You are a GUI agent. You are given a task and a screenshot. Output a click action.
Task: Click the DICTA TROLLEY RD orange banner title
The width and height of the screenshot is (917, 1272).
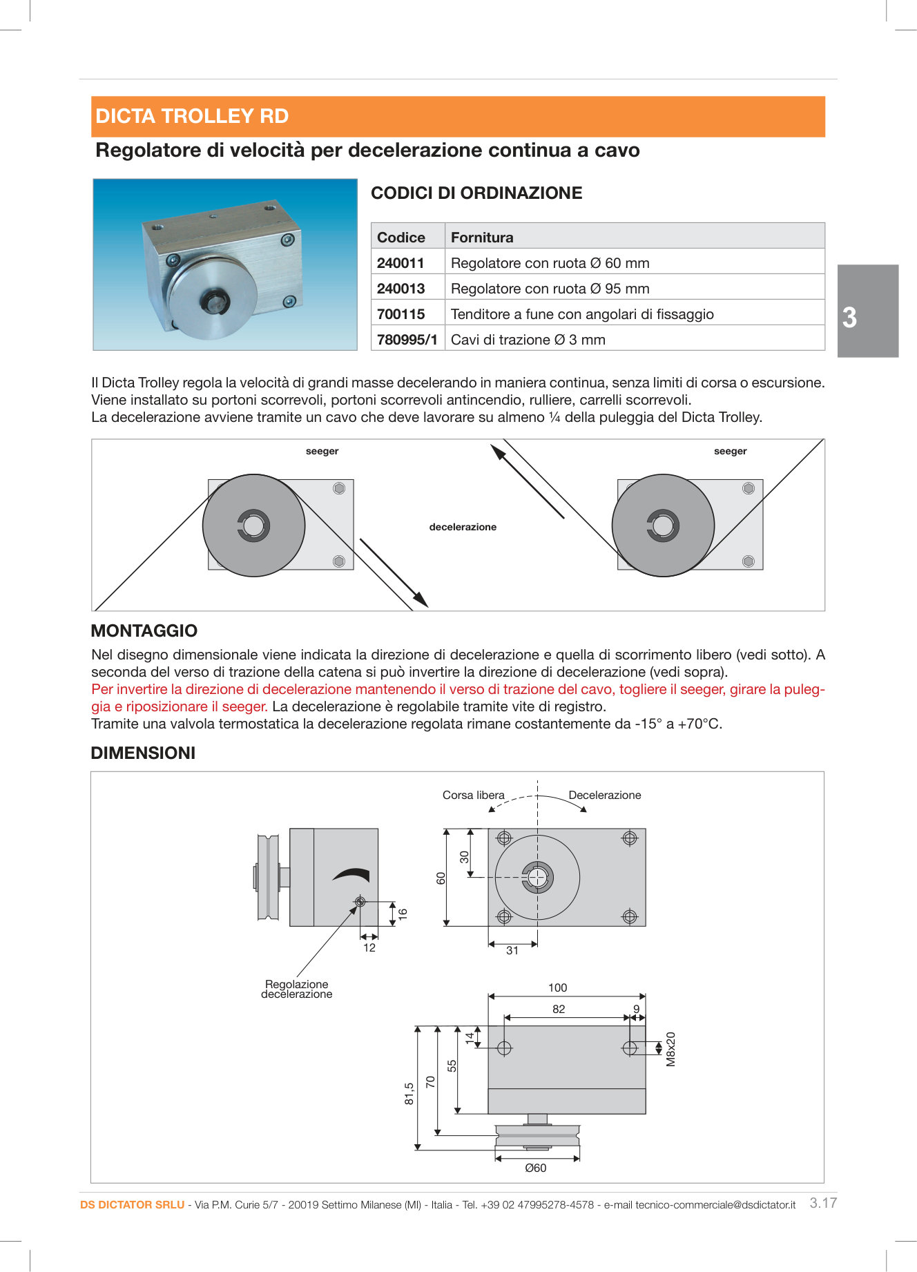click(x=192, y=116)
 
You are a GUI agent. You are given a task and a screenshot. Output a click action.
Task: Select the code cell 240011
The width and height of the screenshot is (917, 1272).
click(x=400, y=263)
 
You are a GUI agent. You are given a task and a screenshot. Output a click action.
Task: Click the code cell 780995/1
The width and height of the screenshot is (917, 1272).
click(x=407, y=340)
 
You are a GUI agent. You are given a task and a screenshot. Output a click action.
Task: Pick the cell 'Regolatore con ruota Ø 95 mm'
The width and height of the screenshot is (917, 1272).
click(x=550, y=289)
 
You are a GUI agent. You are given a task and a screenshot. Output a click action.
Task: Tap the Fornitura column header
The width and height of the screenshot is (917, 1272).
click(x=482, y=238)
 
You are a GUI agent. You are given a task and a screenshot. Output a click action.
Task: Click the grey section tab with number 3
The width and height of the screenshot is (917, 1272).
click(x=867, y=311)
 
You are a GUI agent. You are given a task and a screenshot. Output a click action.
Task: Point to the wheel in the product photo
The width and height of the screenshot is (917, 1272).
click(x=212, y=298)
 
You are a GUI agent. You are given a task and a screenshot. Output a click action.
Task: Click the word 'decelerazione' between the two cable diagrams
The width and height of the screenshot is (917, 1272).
click(x=463, y=527)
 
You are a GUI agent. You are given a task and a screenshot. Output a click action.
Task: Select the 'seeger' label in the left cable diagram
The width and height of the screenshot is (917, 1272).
click(x=322, y=452)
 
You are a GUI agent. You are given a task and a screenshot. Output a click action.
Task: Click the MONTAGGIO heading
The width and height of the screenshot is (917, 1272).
click(x=144, y=630)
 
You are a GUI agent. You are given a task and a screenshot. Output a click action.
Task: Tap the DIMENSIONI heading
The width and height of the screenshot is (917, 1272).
click(x=143, y=753)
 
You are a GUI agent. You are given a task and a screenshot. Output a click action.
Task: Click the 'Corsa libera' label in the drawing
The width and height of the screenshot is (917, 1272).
click(x=473, y=796)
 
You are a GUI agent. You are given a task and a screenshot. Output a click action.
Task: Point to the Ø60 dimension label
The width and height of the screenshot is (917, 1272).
click(x=535, y=1168)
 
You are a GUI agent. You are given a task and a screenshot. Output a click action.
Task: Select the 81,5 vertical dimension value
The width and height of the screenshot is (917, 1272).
click(x=409, y=1093)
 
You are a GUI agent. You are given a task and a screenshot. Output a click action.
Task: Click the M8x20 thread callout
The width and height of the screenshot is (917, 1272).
click(x=670, y=1049)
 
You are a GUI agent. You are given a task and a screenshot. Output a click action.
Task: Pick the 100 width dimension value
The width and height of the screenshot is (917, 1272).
click(x=557, y=987)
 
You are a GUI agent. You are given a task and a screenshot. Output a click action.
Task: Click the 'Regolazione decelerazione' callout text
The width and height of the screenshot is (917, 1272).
click(x=296, y=989)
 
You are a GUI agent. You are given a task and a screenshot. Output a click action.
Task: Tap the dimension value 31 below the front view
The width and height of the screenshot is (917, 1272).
click(x=512, y=950)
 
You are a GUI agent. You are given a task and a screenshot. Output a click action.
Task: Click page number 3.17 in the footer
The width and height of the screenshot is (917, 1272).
click(x=822, y=1203)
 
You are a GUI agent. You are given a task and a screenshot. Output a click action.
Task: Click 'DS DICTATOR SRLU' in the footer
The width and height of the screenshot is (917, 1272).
click(x=132, y=1204)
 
